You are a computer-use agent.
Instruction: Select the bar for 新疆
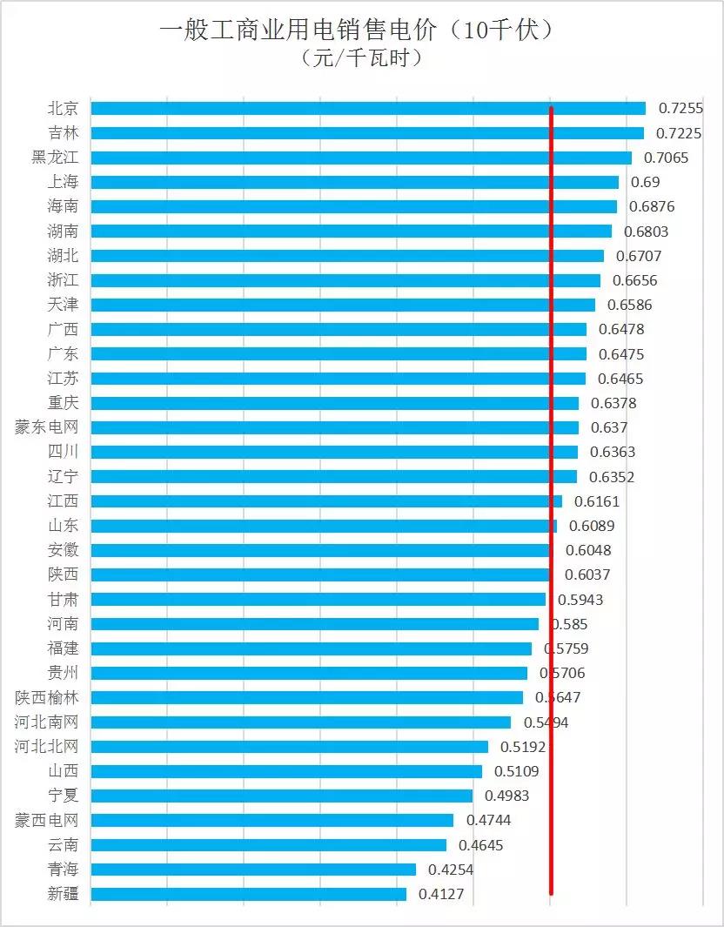click(248, 894)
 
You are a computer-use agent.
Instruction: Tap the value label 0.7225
click(679, 133)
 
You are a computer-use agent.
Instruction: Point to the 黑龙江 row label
click(55, 158)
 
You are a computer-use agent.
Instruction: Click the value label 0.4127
click(440, 894)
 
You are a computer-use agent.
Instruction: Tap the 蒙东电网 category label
click(47, 427)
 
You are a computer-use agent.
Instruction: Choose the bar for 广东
click(339, 353)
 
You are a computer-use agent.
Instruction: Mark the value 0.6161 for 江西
click(596, 501)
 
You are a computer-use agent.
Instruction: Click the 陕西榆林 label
click(47, 697)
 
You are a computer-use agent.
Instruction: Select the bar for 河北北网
click(289, 747)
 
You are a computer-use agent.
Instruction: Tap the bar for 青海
click(253, 870)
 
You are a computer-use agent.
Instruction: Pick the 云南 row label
click(63, 844)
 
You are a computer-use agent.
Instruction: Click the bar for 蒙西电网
click(271, 820)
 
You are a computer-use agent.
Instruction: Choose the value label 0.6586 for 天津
click(629, 305)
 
